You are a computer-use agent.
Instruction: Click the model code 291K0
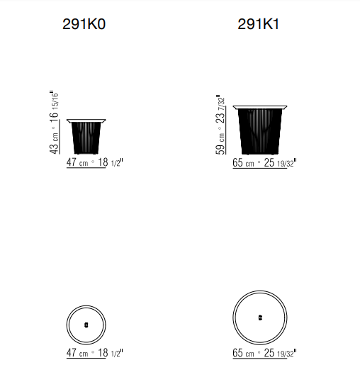coord(84,24)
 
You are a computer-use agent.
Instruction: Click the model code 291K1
coord(258,24)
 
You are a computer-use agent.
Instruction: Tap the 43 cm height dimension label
coord(55,144)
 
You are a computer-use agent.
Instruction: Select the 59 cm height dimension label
coord(220,145)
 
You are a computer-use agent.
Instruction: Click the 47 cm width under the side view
coord(77,162)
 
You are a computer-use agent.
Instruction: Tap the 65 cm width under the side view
coord(243,162)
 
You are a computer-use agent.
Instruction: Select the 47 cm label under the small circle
coord(77,353)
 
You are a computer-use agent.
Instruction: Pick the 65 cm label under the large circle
coord(243,353)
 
